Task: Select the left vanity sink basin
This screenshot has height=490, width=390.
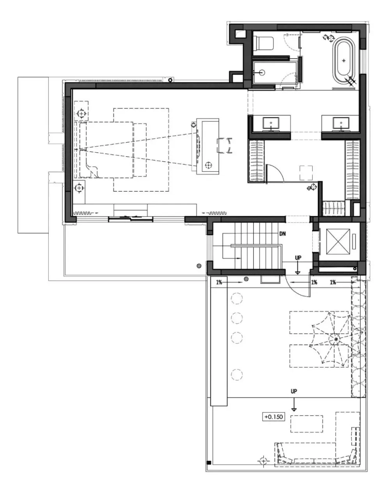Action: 271,123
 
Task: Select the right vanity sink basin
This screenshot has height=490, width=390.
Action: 340,123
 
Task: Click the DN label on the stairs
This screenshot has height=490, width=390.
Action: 282,233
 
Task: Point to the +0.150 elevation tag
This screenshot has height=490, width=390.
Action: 273,417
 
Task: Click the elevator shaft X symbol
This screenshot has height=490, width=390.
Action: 338,241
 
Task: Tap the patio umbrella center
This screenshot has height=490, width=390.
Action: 336,339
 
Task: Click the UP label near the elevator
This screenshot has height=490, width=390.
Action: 298,258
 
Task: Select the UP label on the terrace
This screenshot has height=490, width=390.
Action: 294,391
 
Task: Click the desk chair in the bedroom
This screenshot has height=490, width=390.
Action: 225,145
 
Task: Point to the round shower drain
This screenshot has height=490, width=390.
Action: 262,73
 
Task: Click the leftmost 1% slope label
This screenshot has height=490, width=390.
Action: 219,282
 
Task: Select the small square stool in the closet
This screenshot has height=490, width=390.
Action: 306,173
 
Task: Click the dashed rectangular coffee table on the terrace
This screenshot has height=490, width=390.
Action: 307,424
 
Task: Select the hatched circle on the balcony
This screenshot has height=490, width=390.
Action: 199,266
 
